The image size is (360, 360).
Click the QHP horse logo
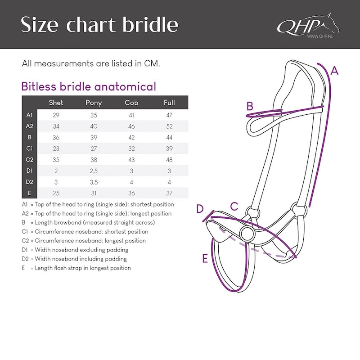tap(308, 25)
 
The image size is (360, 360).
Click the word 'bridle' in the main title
tap(150, 24)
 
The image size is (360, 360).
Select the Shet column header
tap(56, 103)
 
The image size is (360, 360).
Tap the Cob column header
tap(131, 103)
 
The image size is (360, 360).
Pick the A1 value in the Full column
tap(169, 115)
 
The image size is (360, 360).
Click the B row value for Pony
tap(94, 138)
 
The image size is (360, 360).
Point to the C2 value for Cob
tap(131, 160)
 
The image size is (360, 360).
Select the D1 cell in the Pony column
tap(94, 171)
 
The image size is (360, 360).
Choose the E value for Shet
tap(56, 193)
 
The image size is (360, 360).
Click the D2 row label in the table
tap(29, 182)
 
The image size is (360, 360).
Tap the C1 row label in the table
tap(29, 148)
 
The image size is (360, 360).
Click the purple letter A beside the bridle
tap(334, 71)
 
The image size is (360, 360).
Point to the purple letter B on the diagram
tap(250, 106)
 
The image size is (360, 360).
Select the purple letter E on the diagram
tap(205, 258)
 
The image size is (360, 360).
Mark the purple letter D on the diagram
tap(200, 209)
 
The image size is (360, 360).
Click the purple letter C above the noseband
tap(234, 206)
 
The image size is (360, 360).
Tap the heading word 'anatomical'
tap(125, 86)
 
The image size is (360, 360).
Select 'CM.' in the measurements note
tap(152, 63)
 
